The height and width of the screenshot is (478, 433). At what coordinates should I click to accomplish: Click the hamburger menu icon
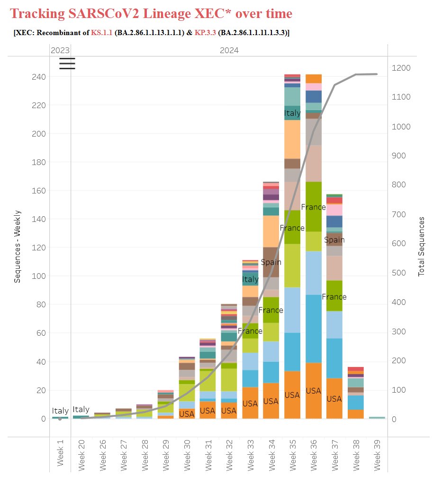67,64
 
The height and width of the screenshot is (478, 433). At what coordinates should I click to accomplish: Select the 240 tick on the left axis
36,77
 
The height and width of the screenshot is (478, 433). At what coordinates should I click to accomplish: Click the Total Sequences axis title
421,246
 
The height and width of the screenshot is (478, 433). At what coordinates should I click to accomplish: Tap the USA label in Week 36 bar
314,391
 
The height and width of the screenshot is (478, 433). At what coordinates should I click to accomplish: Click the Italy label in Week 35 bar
292,113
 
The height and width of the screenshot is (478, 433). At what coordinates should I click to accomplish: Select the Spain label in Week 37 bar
334,240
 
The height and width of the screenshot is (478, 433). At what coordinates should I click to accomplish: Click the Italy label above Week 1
60,411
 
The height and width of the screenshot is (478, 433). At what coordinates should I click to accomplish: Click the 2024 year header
229,50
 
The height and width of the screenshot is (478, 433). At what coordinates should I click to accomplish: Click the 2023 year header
60,50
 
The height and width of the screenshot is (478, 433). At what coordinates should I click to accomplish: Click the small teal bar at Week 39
378,418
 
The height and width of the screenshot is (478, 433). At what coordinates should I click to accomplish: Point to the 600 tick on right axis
402,243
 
